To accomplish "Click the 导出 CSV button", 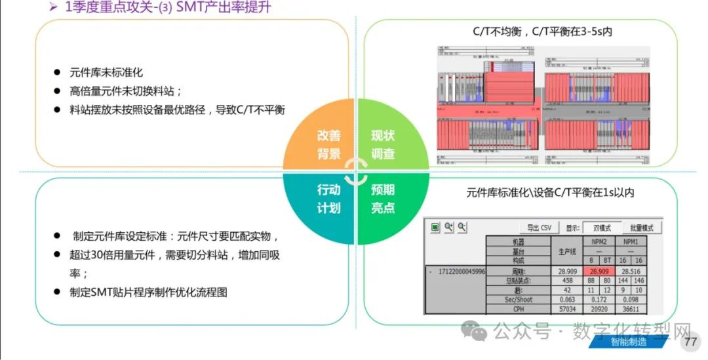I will (539, 228).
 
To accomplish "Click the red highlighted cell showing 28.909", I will (597, 270).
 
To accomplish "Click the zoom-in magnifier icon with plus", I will (449, 227).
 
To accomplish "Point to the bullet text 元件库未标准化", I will (106, 72).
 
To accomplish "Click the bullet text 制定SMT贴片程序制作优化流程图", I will (148, 292).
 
